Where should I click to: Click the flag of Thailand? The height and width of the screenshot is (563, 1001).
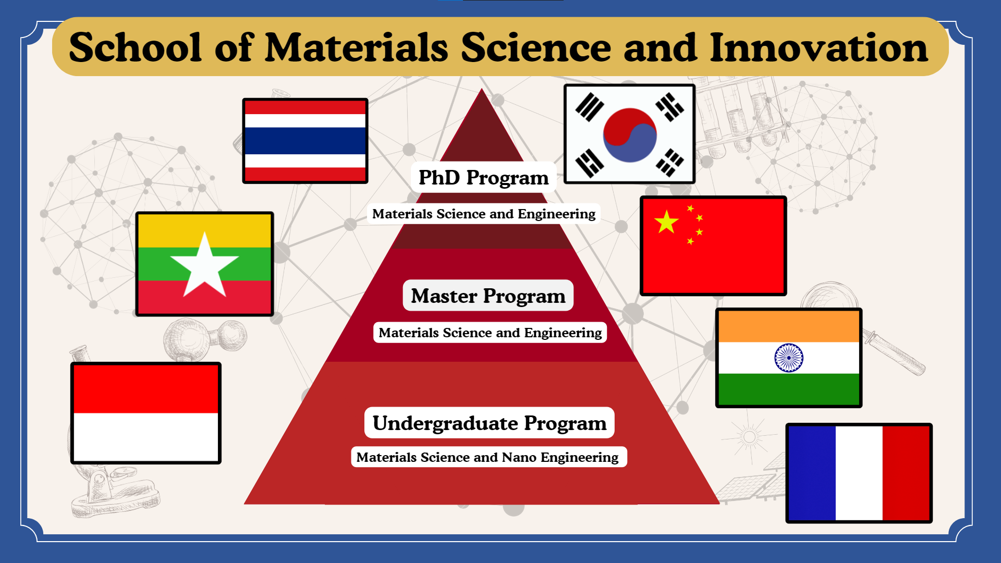[305, 141]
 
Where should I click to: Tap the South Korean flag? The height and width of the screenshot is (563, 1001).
[629, 134]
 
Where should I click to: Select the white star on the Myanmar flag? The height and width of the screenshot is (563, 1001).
[204, 265]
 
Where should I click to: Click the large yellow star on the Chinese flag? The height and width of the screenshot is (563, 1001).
[666, 222]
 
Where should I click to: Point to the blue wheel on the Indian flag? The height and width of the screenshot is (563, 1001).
[789, 358]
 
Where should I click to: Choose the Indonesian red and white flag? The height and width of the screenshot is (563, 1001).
[146, 413]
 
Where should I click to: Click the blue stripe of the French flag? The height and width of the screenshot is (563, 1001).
[812, 473]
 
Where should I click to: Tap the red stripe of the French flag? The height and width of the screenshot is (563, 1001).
[906, 473]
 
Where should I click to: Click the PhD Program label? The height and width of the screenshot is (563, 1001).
[483, 178]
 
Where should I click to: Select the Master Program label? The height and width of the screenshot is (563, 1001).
[488, 296]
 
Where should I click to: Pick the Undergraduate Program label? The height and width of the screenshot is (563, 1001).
[490, 423]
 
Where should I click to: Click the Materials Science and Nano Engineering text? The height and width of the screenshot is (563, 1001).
[487, 457]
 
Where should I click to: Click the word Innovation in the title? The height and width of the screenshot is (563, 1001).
[819, 48]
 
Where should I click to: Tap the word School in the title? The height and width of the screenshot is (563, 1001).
[135, 48]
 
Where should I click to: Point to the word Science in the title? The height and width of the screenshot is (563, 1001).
[536, 48]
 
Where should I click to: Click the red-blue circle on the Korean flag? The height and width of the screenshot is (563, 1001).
[629, 135]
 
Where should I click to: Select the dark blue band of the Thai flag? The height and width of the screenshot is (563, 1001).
[305, 141]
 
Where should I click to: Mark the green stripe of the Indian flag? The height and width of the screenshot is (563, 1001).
[789, 389]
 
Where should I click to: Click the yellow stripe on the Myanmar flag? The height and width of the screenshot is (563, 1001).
[204, 231]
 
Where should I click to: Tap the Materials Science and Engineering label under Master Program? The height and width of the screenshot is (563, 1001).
[490, 333]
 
